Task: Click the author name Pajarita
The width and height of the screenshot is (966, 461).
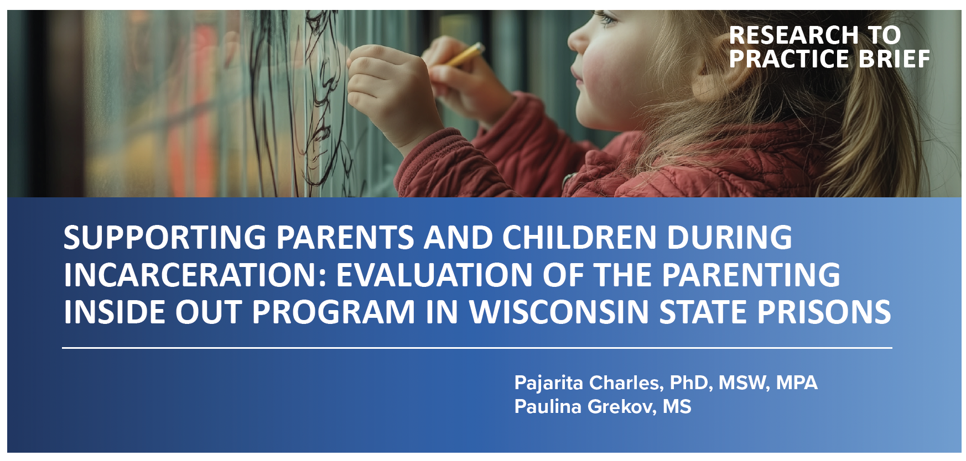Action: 548,383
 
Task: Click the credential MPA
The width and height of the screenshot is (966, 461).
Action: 797,383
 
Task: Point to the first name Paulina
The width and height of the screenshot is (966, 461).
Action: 548,407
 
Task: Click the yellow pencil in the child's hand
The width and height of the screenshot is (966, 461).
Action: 466,55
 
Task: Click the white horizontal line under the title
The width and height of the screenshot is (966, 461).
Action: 477,348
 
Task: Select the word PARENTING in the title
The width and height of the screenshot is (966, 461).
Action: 751,275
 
